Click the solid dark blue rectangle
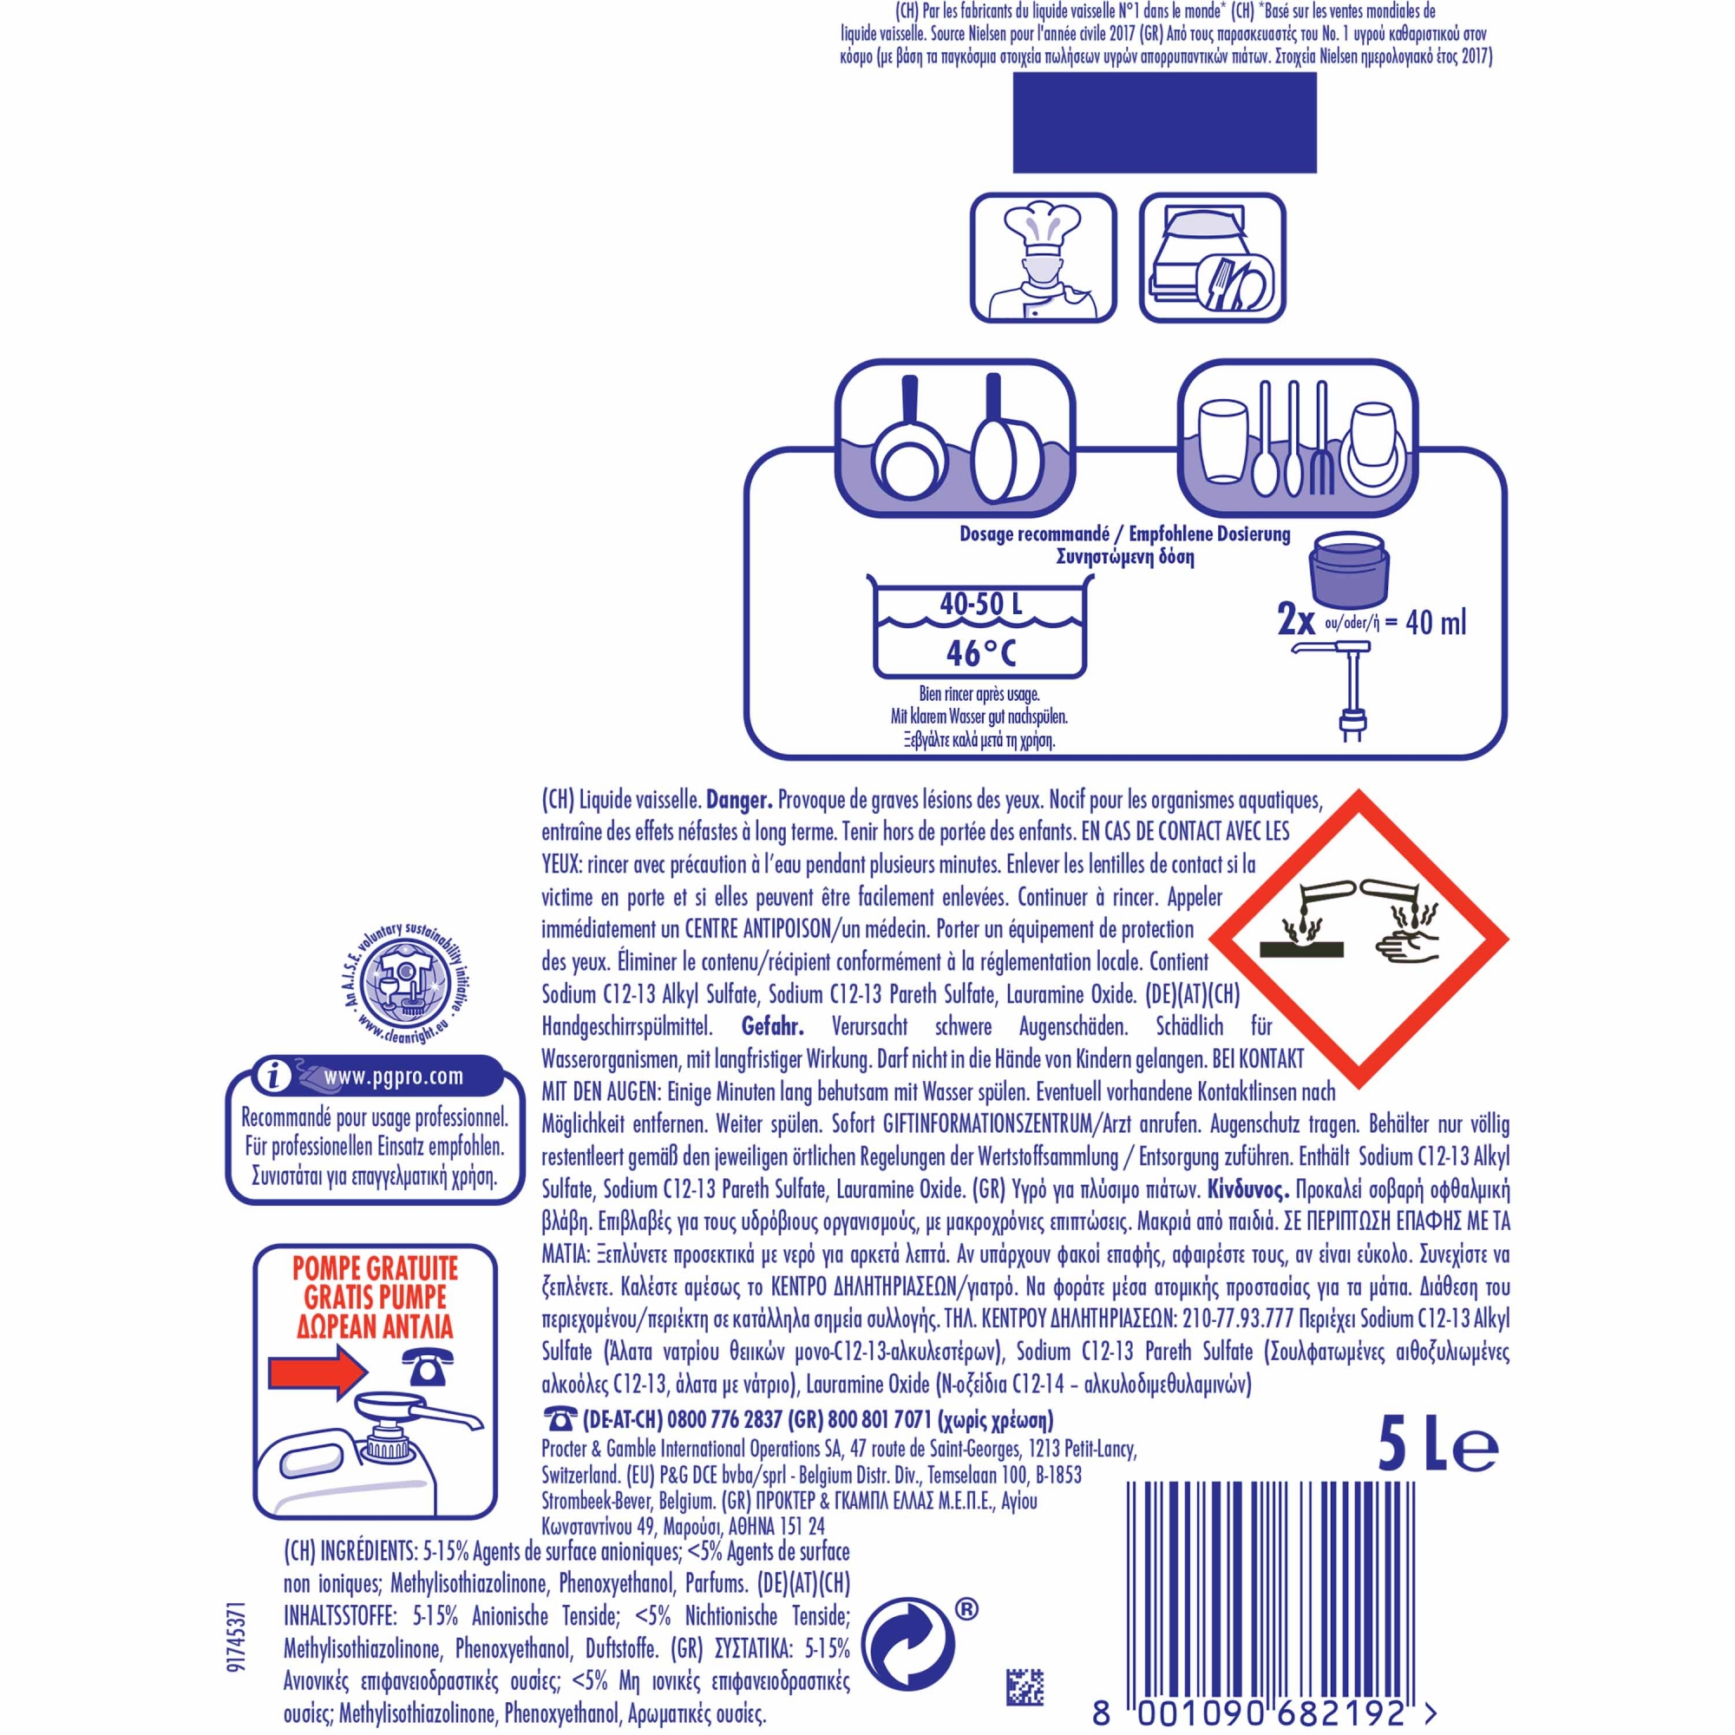pyautogui.click(x=1164, y=122)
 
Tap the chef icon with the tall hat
pyautogui.click(x=1044, y=258)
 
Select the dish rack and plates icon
pyautogui.click(x=1213, y=258)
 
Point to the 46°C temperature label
pyautogui.click(x=980, y=653)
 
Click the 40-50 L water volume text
pyautogui.click(x=980, y=604)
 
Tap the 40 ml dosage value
pyautogui.click(x=1435, y=622)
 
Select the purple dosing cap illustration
pyautogui.click(x=1350, y=570)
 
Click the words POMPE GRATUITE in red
pyautogui.click(x=376, y=1269)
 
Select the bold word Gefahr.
pyautogui.click(x=772, y=1025)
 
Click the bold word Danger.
pyautogui.click(x=740, y=799)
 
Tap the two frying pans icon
pyautogui.click(x=955, y=437)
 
